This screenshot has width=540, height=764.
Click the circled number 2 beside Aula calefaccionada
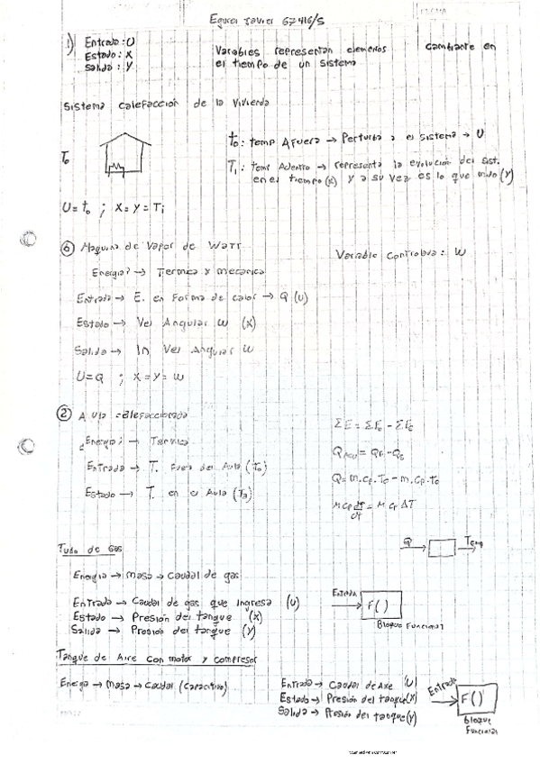tap(64, 415)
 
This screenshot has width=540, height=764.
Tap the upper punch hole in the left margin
tap(29, 240)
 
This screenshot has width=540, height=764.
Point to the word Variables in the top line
tap(242, 51)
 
